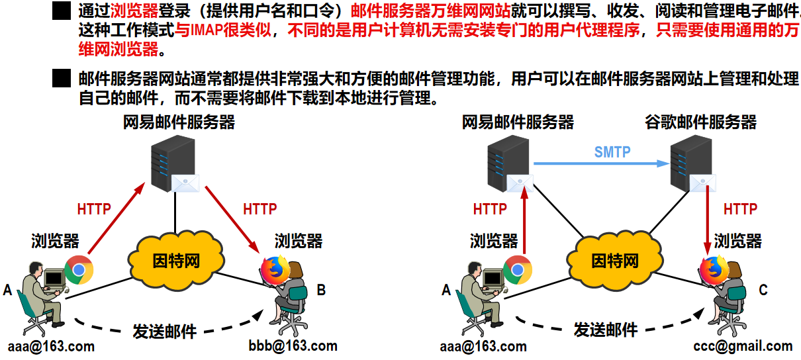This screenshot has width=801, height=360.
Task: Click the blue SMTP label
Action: (x=612, y=152)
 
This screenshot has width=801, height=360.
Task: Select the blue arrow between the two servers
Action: (x=602, y=163)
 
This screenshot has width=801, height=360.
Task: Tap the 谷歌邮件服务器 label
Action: (x=700, y=122)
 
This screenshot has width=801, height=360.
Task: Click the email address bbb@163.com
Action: (x=293, y=345)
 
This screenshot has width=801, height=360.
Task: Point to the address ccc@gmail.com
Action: (x=743, y=346)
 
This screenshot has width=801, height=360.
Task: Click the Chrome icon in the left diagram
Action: (x=79, y=270)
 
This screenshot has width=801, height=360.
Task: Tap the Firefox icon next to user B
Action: (x=275, y=270)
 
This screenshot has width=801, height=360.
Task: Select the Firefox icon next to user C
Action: (x=714, y=270)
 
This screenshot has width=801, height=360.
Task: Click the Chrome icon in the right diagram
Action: (x=518, y=270)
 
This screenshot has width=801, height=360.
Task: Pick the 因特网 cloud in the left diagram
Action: (x=176, y=260)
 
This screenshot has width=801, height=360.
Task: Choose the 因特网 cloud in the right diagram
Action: (x=615, y=260)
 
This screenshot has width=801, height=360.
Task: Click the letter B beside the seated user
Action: (x=321, y=290)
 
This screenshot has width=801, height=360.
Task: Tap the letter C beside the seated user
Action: (x=763, y=290)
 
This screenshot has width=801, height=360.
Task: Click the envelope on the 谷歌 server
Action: (x=702, y=183)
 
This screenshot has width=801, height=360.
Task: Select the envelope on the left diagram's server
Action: (x=185, y=183)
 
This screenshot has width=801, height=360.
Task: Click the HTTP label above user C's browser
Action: (x=740, y=209)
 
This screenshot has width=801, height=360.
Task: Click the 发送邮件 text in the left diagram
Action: (x=164, y=332)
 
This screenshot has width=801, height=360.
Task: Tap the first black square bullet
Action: (x=62, y=11)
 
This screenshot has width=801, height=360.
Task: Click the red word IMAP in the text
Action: (x=207, y=30)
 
